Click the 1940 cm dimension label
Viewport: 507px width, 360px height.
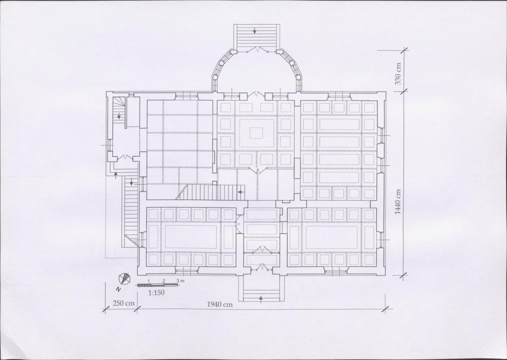click(x=219, y=304)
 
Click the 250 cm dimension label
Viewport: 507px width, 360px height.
click(x=123, y=303)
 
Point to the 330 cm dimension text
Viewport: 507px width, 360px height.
click(x=398, y=74)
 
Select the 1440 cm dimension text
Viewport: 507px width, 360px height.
click(x=398, y=202)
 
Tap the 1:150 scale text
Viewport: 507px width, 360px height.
click(x=156, y=293)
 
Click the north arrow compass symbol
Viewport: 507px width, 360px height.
click(x=124, y=278)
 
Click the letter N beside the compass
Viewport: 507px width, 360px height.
click(x=119, y=289)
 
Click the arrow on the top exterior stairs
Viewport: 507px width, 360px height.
click(x=255, y=31)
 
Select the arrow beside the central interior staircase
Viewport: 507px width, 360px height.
click(x=241, y=192)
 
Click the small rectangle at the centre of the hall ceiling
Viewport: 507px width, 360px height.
click(x=256, y=133)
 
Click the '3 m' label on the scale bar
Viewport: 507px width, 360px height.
click(x=181, y=281)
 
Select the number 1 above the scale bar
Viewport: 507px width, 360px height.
click(x=148, y=281)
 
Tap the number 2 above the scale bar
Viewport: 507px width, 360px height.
click(x=164, y=281)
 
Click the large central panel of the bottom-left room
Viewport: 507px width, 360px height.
click(x=191, y=237)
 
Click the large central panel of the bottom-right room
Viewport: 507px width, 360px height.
click(x=332, y=237)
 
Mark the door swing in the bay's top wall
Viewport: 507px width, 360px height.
click(x=258, y=50)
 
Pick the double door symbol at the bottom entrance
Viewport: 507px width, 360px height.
click(x=261, y=267)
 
